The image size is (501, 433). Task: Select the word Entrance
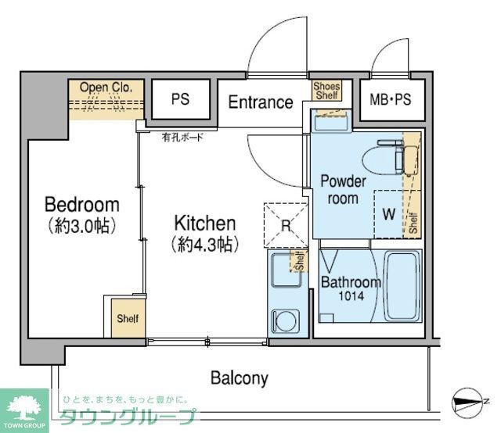tap(261, 102)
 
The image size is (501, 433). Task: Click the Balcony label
tap(239, 379)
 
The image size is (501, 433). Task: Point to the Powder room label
tap(343, 190)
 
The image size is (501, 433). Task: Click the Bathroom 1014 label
tap(350, 289)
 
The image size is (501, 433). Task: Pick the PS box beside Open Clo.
tap(180, 99)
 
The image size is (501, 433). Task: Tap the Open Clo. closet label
tap(105, 87)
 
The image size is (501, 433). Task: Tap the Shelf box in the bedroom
tap(128, 319)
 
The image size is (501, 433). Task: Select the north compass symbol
tap(470, 404)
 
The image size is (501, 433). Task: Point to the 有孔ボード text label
tap(182, 138)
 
